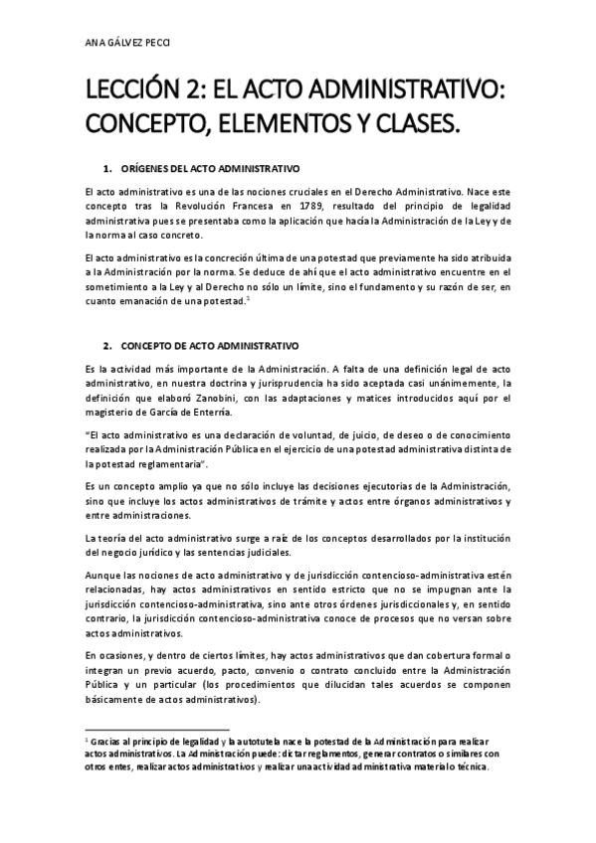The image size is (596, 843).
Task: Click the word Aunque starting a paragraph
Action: coord(103,575)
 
